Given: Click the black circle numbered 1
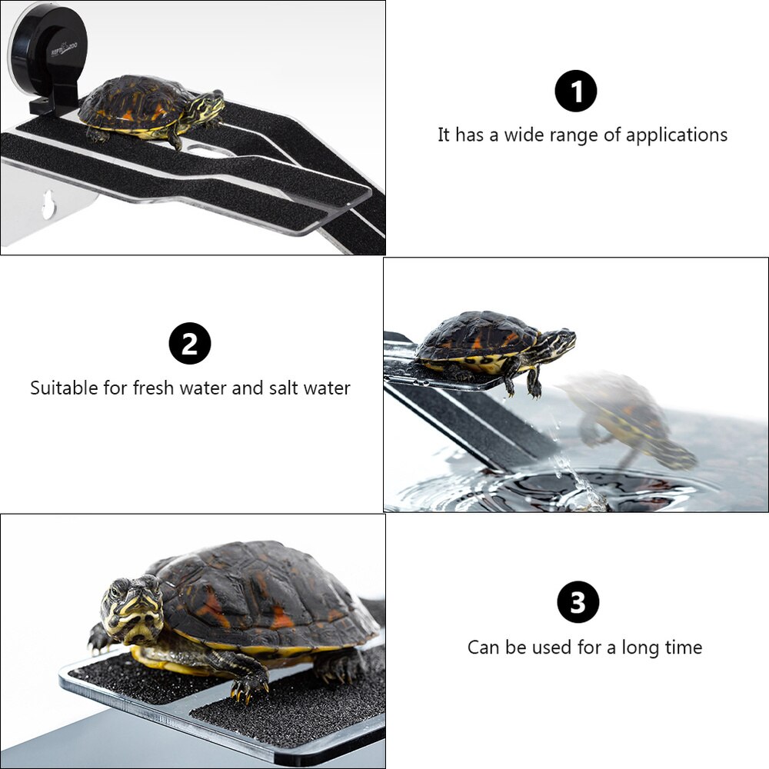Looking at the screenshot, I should pyautogui.click(x=575, y=92).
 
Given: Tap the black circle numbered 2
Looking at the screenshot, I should pyautogui.click(x=189, y=344).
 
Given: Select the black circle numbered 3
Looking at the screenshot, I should pyautogui.click(x=578, y=602).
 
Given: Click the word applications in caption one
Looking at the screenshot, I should pyautogui.click(x=676, y=136).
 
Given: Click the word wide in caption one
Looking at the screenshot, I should pyautogui.click(x=524, y=136).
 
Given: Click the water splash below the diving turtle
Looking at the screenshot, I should pyautogui.click(x=577, y=484).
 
